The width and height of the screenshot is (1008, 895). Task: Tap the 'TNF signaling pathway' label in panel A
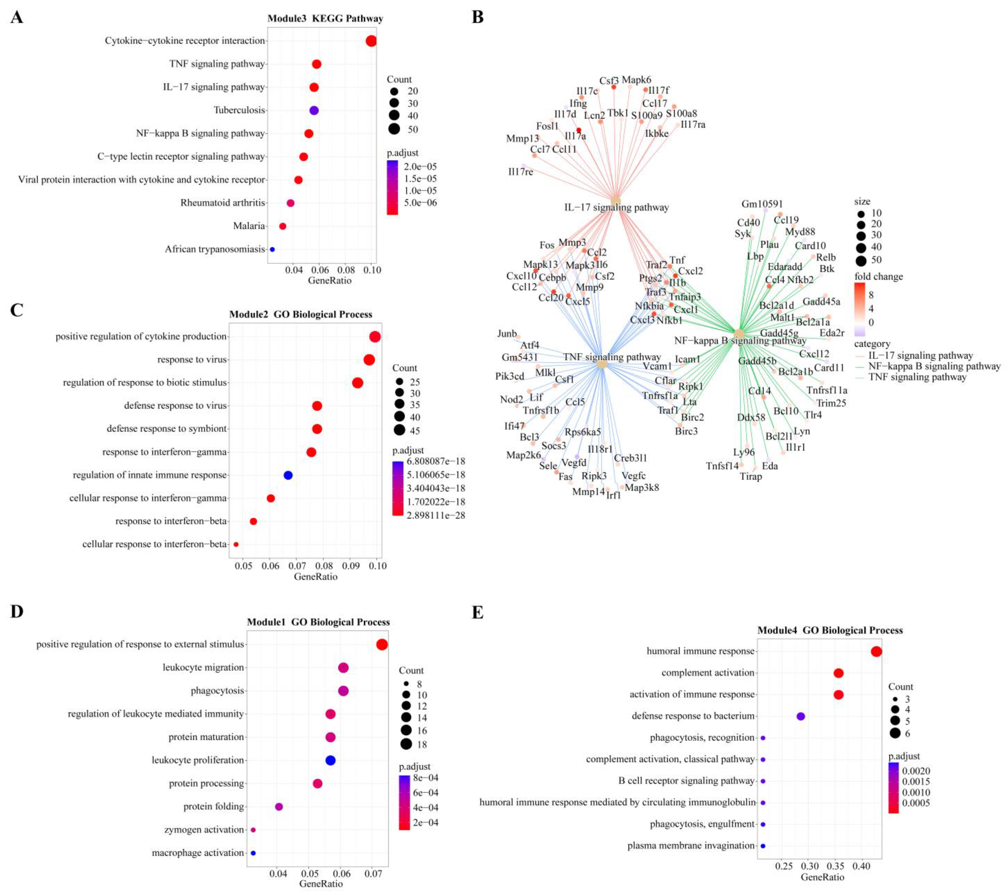tap(217, 64)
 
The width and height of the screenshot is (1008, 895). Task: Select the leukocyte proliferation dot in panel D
tap(330, 760)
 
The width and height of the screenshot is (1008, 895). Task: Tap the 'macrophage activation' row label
tap(198, 853)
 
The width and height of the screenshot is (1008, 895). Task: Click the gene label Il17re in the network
tap(520, 172)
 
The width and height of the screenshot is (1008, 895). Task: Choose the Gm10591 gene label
tap(762, 204)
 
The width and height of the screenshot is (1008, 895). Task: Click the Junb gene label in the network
tap(507, 334)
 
